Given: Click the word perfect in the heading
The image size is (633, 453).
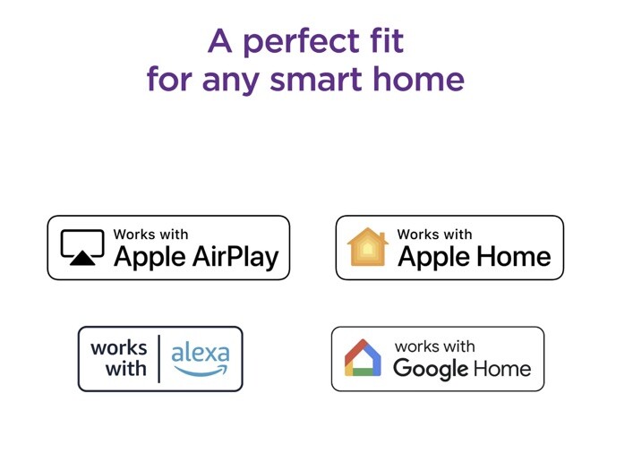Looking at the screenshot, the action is click(301, 42).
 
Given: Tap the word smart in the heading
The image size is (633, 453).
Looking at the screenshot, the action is click(316, 79).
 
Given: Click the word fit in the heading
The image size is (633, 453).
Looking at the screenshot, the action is click(387, 40).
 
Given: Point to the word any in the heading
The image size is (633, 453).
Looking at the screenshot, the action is click(230, 82).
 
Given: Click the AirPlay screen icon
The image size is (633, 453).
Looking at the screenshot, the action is click(82, 247).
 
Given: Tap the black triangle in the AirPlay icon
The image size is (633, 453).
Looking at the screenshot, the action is click(82, 258).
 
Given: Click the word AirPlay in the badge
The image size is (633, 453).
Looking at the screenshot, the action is click(235, 258).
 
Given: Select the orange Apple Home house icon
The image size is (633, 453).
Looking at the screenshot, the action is click(367, 247).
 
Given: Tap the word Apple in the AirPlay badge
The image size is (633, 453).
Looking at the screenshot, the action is click(150, 258).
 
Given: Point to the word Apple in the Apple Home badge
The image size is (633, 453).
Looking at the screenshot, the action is click(433, 258).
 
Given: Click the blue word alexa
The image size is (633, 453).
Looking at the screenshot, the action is click(201, 353).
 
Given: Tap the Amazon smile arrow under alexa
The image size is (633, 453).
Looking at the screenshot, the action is click(201, 371).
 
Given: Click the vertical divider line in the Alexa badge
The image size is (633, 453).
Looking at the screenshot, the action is click(159, 358).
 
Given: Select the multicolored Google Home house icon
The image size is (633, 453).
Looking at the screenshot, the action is click(363, 358).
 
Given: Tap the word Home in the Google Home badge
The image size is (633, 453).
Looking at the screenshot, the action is click(502, 369).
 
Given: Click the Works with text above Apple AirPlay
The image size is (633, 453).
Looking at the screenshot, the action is click(150, 235).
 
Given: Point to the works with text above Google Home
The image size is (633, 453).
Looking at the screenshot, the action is click(435, 346).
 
